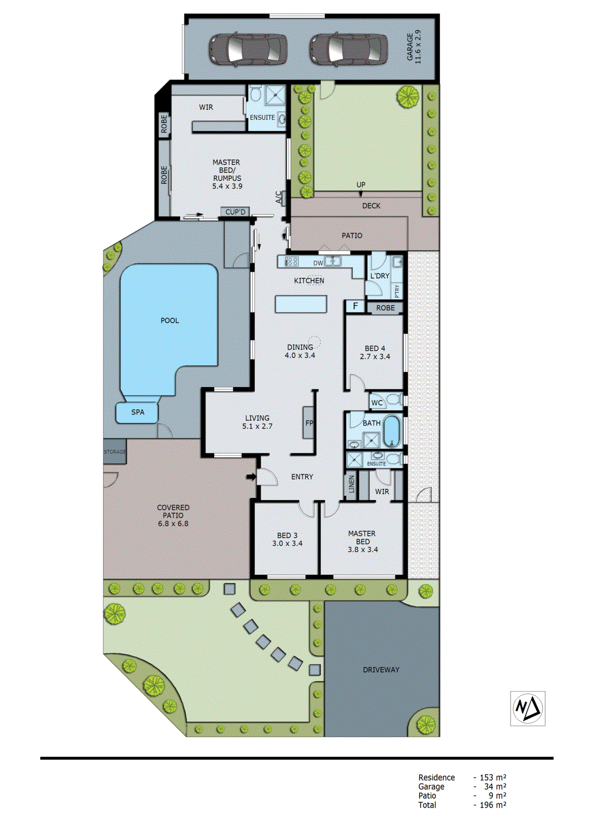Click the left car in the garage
248,49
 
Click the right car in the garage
349,49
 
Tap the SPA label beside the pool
137,412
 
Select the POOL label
169,320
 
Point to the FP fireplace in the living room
309,423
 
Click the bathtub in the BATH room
391,431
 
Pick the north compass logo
527,708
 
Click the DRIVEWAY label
381,670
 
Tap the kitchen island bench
301,304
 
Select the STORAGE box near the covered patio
115,452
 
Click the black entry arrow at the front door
251,477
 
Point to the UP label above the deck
361,185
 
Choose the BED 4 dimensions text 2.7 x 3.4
375,357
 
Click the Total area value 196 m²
492,805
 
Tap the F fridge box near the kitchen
355,307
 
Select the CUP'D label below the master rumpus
235,212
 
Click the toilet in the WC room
395,401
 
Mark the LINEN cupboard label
352,484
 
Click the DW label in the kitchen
318,263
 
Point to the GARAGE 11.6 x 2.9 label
413,47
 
